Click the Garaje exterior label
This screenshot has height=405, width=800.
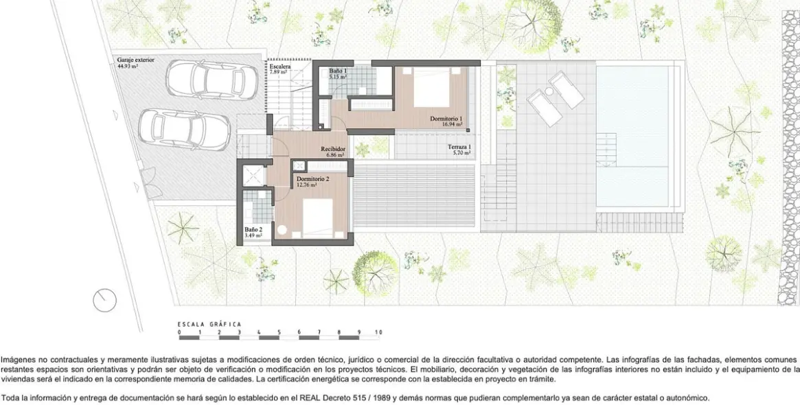click(136, 60)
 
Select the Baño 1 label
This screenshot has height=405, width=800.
click(338, 71)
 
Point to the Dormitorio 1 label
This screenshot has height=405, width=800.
click(446, 118)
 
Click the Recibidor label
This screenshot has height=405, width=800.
click(332, 149)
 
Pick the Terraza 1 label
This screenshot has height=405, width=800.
click(459, 147)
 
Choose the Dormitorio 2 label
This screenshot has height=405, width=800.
click(312, 179)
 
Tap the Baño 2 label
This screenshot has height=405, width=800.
click(253, 229)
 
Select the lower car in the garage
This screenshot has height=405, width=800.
click(184, 128)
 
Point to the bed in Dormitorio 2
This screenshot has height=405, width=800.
click(317, 218)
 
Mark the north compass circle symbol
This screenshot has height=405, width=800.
click(104, 300)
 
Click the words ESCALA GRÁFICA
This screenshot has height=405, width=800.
click(209, 324)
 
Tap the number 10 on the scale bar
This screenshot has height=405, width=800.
click(378, 332)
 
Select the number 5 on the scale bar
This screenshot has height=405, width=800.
click(279, 332)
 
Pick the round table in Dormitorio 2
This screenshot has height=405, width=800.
click(282, 231)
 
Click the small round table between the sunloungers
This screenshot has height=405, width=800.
click(549, 91)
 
